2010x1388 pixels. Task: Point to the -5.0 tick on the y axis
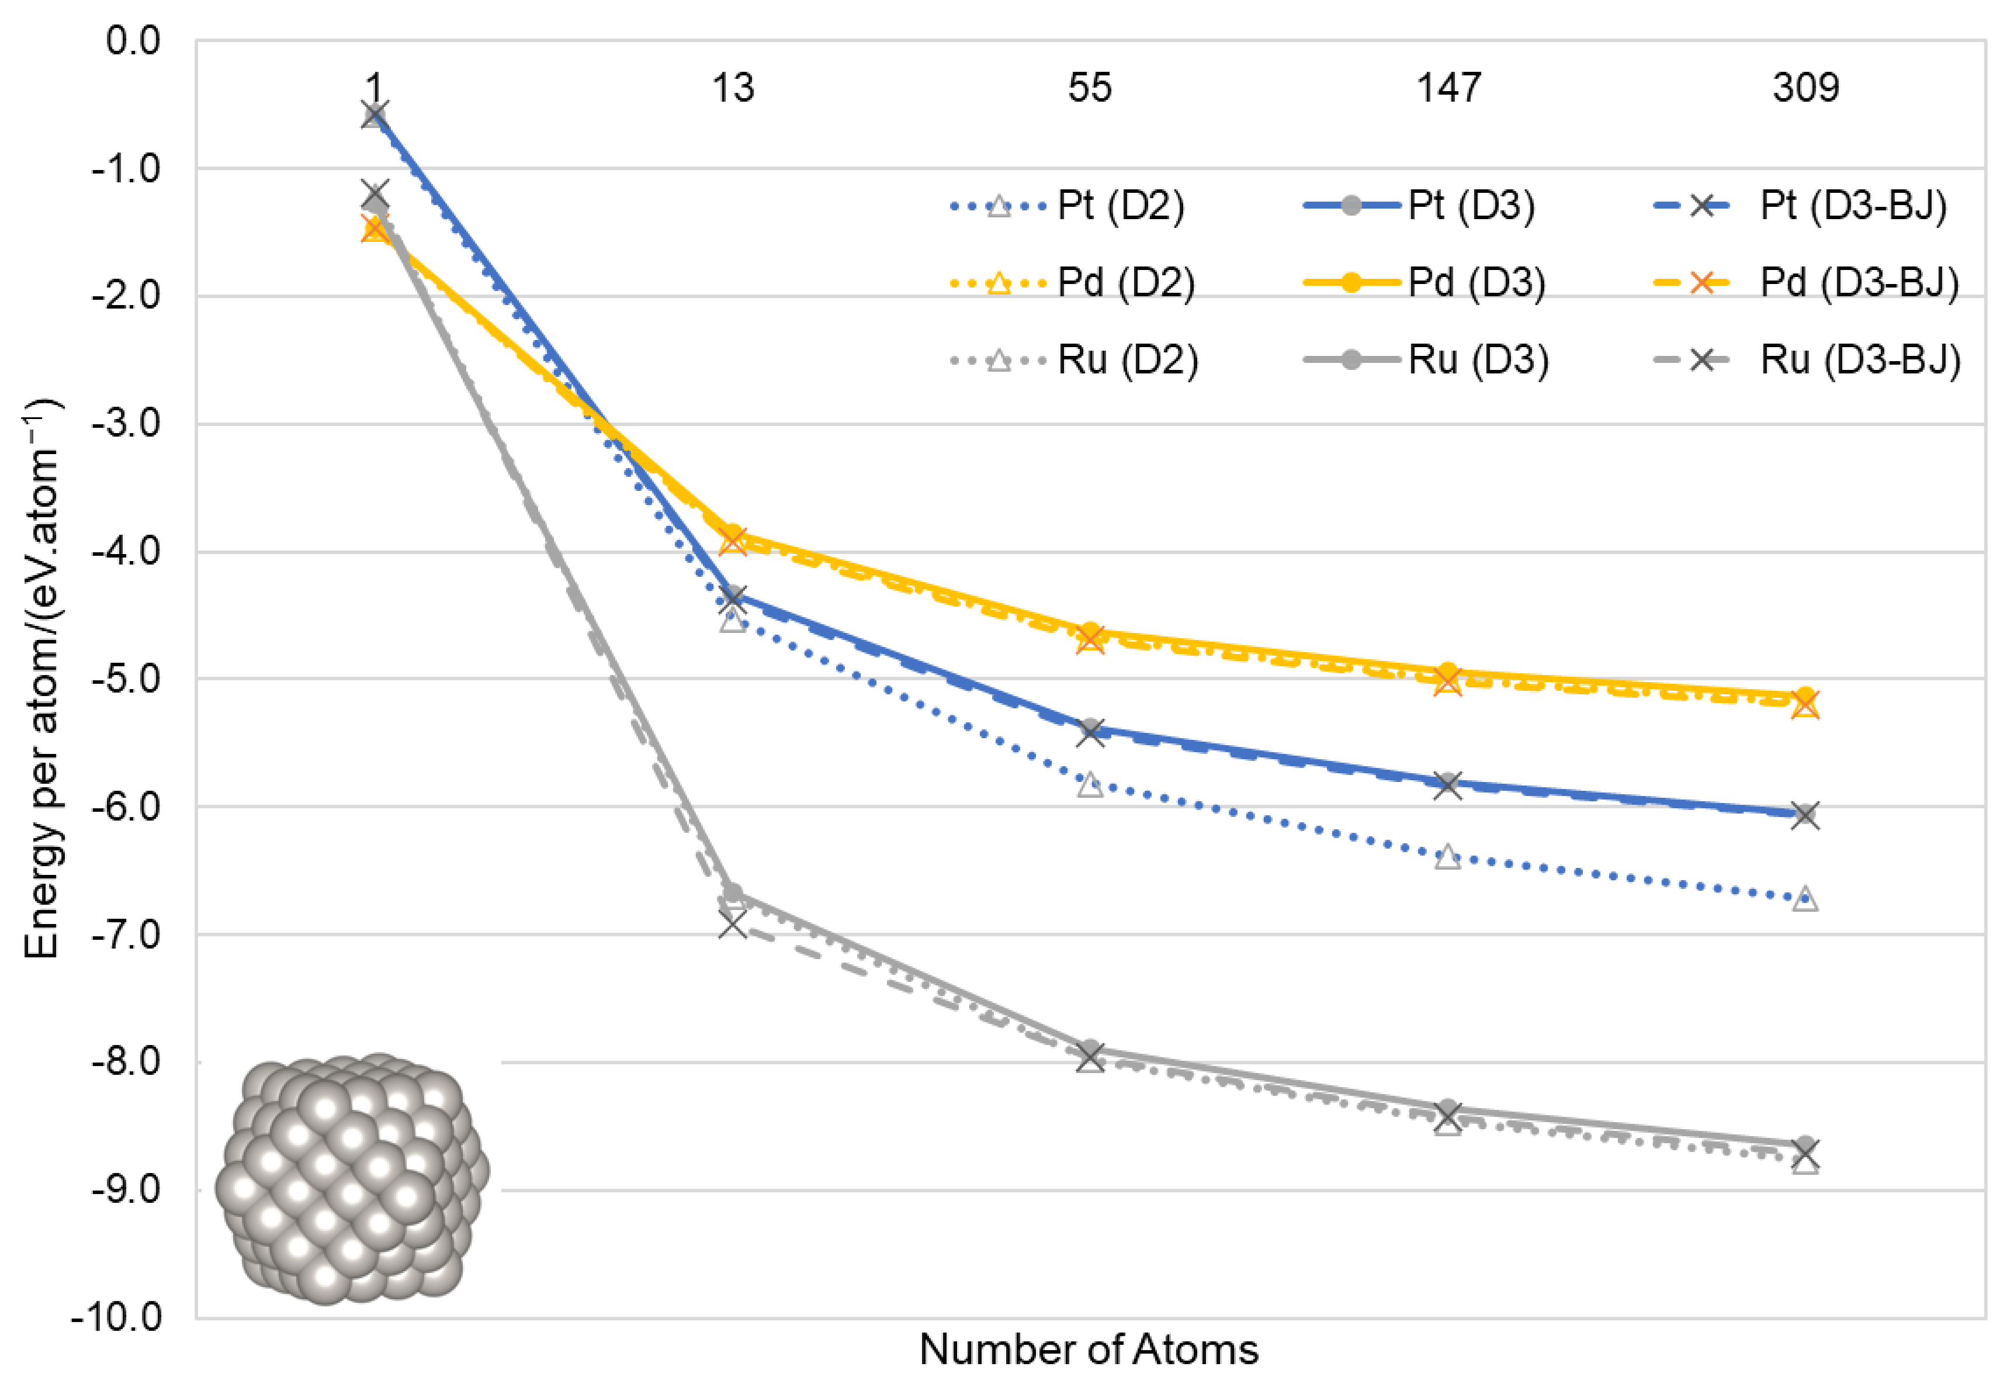[x=126, y=679]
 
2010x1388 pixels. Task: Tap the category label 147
[x=1447, y=88]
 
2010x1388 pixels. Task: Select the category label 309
[x=1805, y=88]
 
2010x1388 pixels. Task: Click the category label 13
[x=732, y=88]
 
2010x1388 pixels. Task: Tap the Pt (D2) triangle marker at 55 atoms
[x=1089, y=784]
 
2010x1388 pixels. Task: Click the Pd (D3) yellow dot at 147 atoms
[x=1447, y=672]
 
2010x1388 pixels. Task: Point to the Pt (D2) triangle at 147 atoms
[x=1447, y=857]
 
